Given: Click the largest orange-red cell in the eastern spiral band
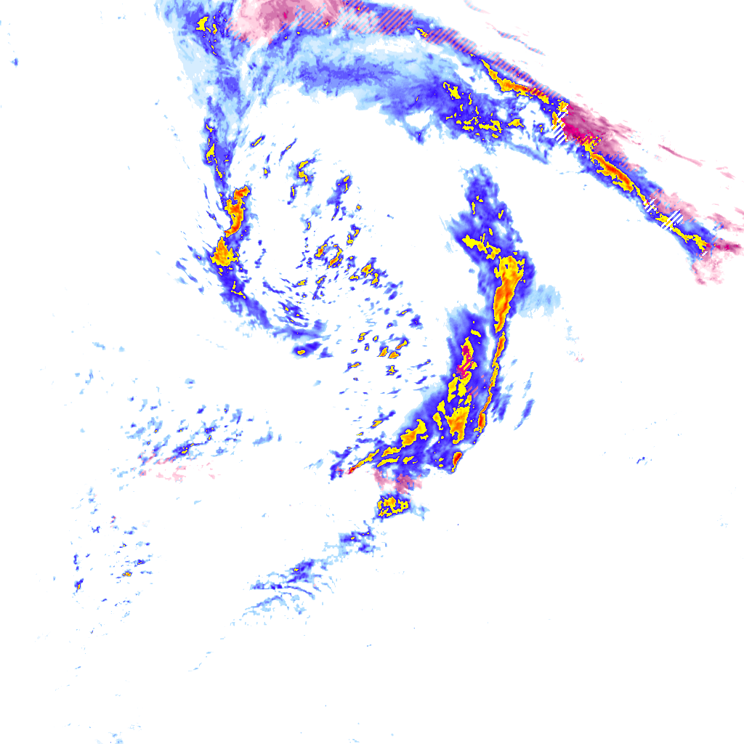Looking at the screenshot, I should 506,294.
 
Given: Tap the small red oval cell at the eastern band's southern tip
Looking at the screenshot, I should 457,458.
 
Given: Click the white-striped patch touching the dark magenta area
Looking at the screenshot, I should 559,131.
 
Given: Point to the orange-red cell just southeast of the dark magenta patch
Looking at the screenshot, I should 614,171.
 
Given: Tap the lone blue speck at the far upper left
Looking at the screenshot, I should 15,62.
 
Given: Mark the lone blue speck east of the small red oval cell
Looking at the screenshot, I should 641,460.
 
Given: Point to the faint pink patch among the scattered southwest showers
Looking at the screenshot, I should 163,471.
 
